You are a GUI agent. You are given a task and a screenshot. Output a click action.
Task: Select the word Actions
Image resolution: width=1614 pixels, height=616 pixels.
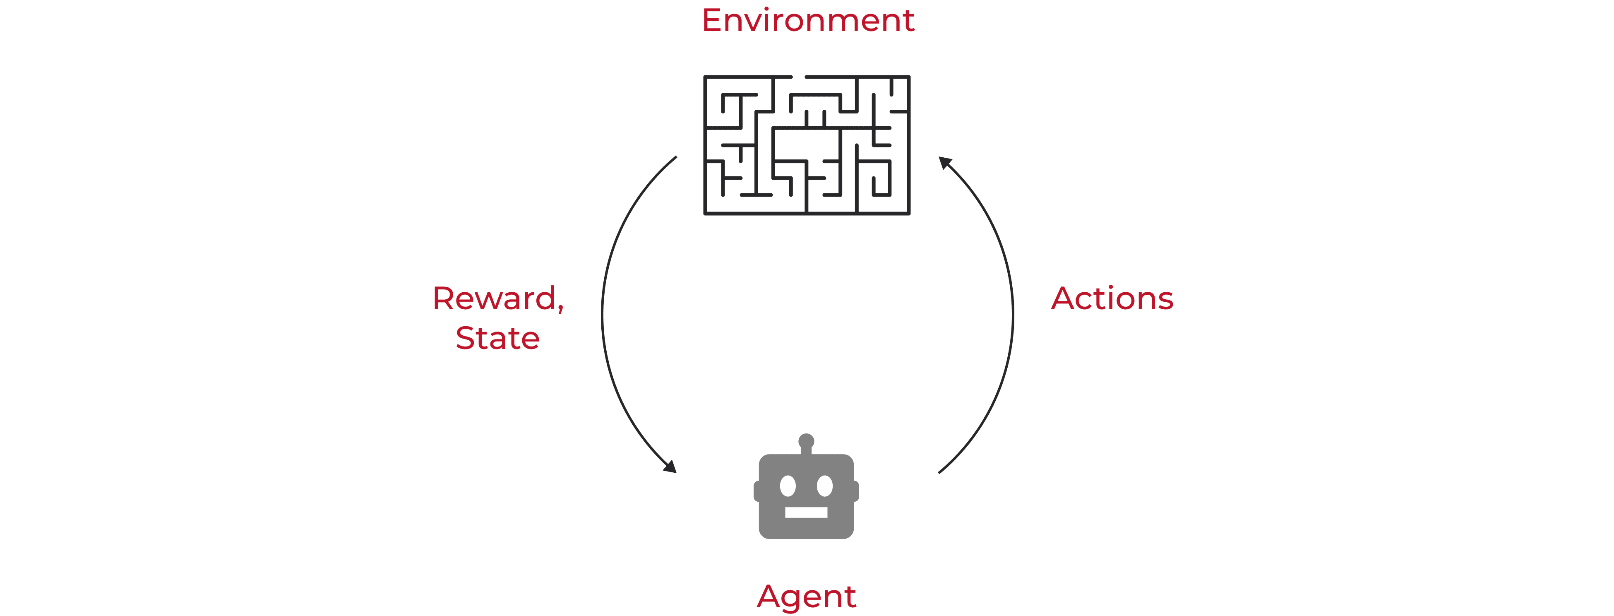pos(1112,298)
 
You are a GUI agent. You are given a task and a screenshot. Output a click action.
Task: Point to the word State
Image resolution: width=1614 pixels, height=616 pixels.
pos(497,338)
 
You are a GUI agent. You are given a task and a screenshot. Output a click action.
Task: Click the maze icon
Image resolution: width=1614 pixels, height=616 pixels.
pos(807,145)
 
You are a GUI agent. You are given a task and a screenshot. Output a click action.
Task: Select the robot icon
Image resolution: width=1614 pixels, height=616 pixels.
pos(806,486)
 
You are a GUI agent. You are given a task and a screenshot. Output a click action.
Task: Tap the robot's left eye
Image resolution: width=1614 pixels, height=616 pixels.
pos(788,486)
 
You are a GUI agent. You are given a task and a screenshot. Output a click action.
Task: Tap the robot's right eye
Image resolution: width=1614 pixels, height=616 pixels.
pos(824,486)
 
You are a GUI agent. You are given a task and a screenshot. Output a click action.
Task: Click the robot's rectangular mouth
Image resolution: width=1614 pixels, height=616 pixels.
pos(806,513)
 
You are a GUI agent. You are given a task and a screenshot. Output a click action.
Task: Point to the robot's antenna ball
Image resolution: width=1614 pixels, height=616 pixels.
pos(806,441)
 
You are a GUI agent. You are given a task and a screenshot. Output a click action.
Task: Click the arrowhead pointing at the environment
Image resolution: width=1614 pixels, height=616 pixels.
pos(945,163)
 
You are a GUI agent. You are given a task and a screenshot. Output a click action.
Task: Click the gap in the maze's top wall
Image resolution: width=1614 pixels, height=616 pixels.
pos(798,77)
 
